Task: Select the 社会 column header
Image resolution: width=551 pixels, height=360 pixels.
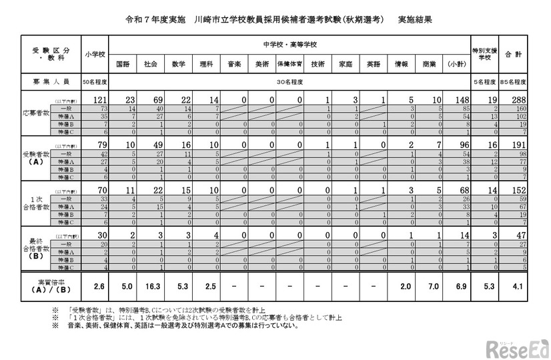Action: pyautogui.click(x=151, y=65)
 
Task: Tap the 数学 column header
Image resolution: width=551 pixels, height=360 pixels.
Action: pyautogui.click(x=178, y=65)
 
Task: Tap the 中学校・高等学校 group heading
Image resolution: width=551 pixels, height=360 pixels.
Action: pyautogui.click(x=289, y=44)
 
